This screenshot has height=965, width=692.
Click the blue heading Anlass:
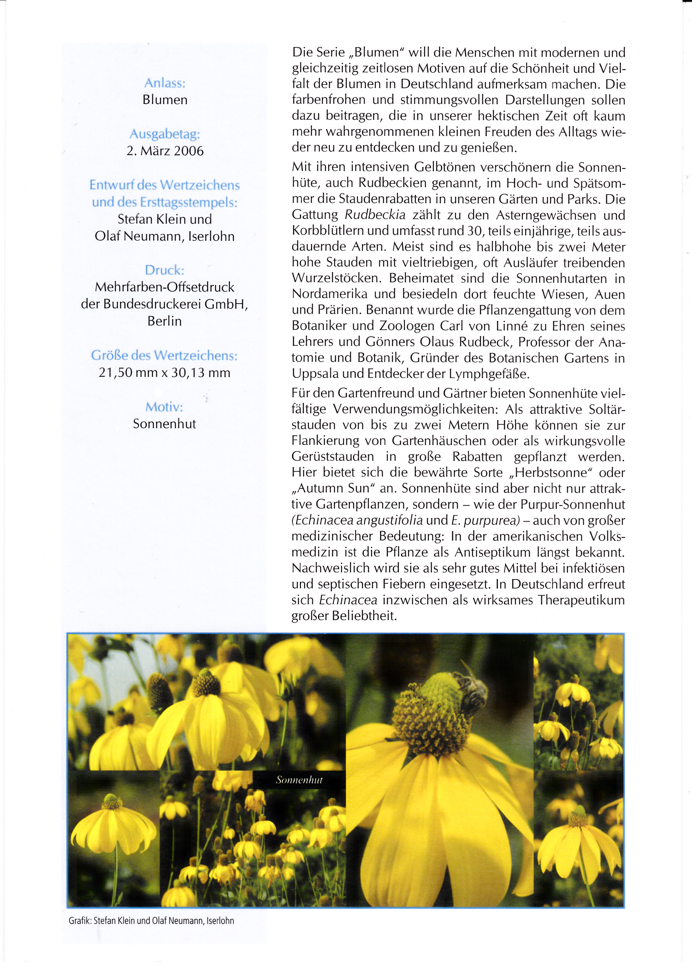coord(165,83)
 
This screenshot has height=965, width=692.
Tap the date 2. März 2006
coord(165,150)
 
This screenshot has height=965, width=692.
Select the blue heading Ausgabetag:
coord(165,134)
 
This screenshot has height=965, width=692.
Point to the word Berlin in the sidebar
coord(165,321)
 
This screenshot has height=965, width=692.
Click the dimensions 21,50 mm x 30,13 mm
coord(165,372)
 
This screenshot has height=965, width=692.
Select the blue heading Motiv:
coord(164,407)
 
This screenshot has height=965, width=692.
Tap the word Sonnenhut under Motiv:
coord(164,424)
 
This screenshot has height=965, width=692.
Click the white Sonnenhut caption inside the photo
coord(299,780)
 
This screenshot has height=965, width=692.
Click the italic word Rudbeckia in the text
coord(375,215)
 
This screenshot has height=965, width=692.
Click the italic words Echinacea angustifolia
coord(358,520)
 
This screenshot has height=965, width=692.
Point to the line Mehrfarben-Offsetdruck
coord(165,287)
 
